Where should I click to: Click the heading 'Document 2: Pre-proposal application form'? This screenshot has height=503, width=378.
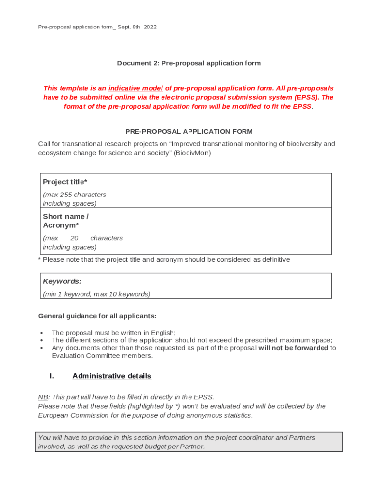click(x=189, y=63)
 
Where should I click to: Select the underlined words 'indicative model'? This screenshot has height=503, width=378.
click(x=135, y=88)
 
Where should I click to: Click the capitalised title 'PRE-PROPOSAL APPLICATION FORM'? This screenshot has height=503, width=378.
click(x=189, y=131)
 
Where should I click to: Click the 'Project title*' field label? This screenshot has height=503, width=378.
click(x=65, y=182)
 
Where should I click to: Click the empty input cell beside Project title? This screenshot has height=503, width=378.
click(x=228, y=191)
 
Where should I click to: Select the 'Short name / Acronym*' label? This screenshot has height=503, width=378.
click(x=66, y=221)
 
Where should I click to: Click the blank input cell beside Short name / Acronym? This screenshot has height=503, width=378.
click(x=228, y=231)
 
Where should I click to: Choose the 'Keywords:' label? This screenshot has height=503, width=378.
click(x=62, y=281)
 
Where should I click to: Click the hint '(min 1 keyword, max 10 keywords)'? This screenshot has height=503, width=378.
click(x=96, y=294)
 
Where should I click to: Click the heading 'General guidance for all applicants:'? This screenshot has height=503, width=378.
click(x=97, y=316)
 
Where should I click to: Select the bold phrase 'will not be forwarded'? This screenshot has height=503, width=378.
click(x=293, y=348)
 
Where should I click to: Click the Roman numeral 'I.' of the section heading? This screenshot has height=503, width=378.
click(x=51, y=376)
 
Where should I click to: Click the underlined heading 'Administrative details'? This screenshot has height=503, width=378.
click(x=111, y=376)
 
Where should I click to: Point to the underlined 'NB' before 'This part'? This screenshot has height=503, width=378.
click(x=43, y=397)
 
